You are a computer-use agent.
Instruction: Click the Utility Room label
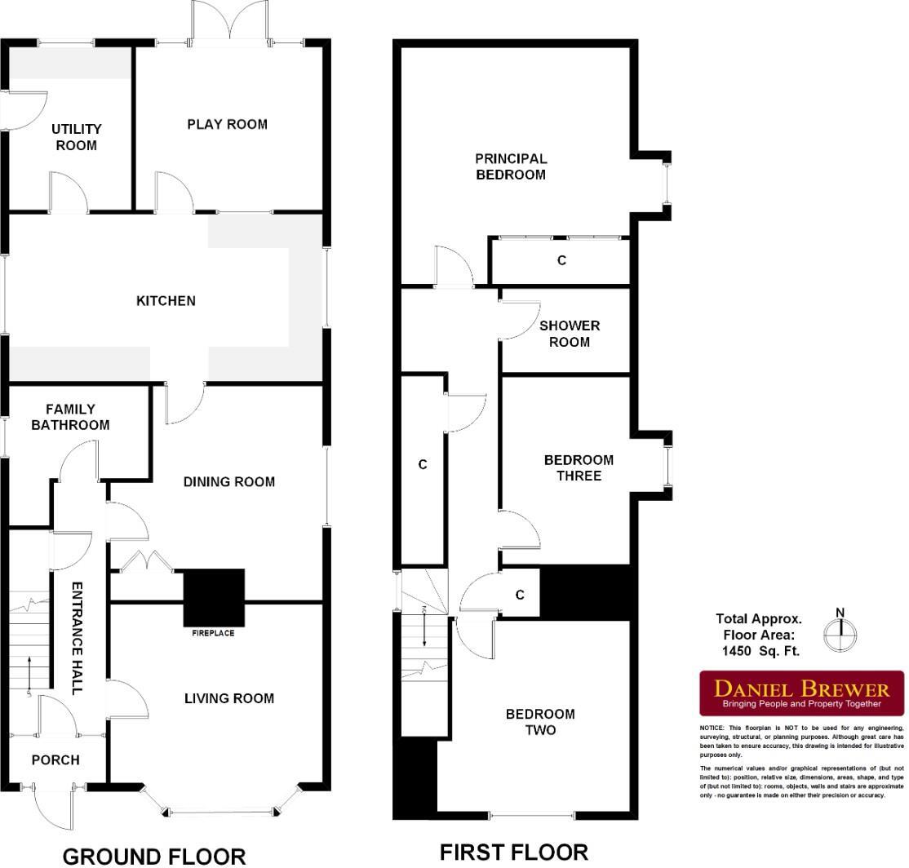(76, 137)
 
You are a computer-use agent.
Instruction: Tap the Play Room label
(227, 124)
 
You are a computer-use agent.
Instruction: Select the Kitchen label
(166, 301)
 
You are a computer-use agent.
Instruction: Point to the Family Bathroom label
(70, 417)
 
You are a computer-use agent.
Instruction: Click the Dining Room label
(228, 482)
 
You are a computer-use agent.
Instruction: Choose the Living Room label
(228, 698)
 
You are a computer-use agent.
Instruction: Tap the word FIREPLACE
(213, 633)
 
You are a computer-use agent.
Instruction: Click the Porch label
(55, 760)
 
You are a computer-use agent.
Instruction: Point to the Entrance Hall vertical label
(78, 638)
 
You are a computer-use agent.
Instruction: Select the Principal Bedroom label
(511, 166)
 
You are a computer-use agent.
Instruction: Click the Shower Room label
(569, 334)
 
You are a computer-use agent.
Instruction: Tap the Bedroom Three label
(579, 467)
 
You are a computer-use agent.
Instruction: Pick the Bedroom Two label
(540, 722)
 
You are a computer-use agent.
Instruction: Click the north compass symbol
(840, 632)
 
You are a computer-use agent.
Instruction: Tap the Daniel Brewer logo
(802, 693)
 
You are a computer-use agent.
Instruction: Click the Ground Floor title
(154, 856)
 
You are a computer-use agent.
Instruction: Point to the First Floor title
(513, 852)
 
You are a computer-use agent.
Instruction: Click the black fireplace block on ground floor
(214, 596)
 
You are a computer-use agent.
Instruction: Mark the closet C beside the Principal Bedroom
(561, 261)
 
